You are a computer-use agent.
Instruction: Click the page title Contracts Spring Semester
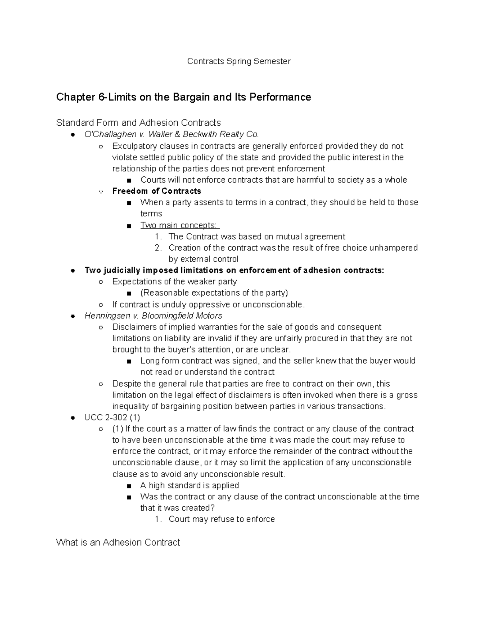point(239,61)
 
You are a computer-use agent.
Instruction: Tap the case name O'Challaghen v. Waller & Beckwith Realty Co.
point(172,135)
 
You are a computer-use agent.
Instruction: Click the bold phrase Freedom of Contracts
point(157,191)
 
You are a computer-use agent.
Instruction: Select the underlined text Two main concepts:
point(180,225)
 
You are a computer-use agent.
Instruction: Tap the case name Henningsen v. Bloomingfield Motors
point(153,316)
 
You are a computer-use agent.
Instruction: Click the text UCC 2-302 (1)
point(112,418)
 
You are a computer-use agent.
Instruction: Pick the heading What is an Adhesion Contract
point(118,542)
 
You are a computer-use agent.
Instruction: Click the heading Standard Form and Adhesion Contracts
point(138,123)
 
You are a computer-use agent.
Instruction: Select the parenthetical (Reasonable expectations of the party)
point(214,293)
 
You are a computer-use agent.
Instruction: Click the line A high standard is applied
point(190,485)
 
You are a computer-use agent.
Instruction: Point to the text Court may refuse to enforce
point(221,519)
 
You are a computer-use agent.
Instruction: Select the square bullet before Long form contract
point(128,361)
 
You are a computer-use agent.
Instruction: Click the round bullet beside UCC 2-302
point(73,418)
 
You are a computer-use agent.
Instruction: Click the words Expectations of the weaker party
point(174,282)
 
